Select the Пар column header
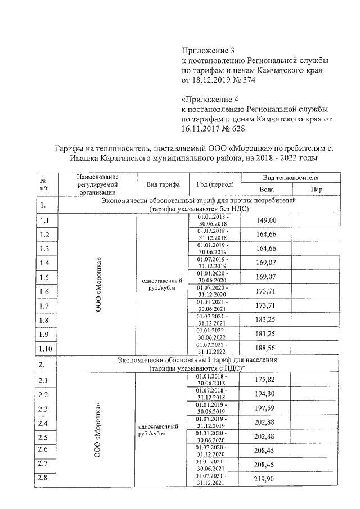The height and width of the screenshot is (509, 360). [x=316, y=190]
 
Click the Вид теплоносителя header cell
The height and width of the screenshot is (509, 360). [x=290, y=177]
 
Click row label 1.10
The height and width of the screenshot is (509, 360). [x=46, y=349]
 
